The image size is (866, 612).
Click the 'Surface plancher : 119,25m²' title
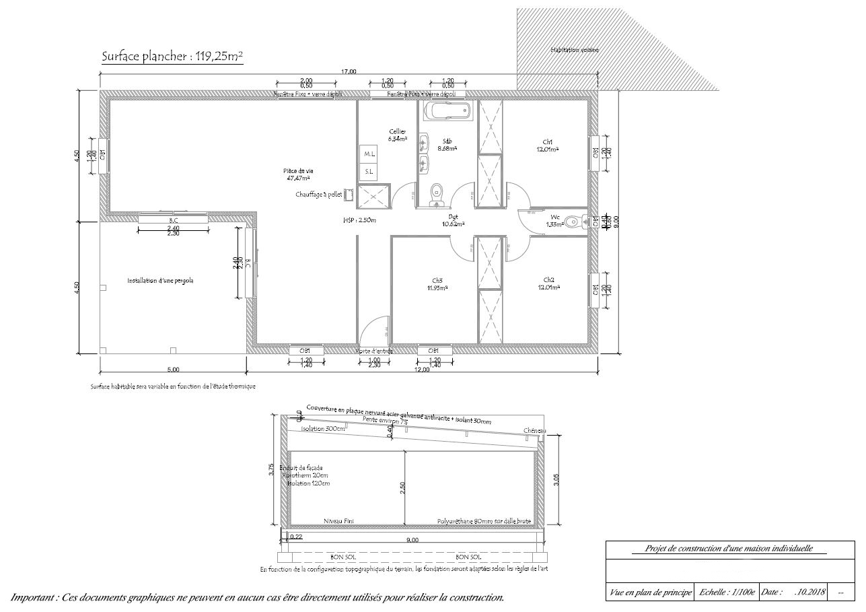coord(172,57)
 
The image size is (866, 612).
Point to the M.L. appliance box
coord(369,154)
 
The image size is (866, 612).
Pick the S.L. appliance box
coord(369,172)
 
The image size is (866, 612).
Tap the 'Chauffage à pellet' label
coord(319,195)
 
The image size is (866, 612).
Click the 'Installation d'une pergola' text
coord(160,281)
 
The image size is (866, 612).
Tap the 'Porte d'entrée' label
coord(374,351)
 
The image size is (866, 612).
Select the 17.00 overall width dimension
coord(349,71)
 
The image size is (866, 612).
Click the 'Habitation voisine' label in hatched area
coord(574,50)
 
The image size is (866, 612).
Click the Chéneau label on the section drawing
coord(535,431)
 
